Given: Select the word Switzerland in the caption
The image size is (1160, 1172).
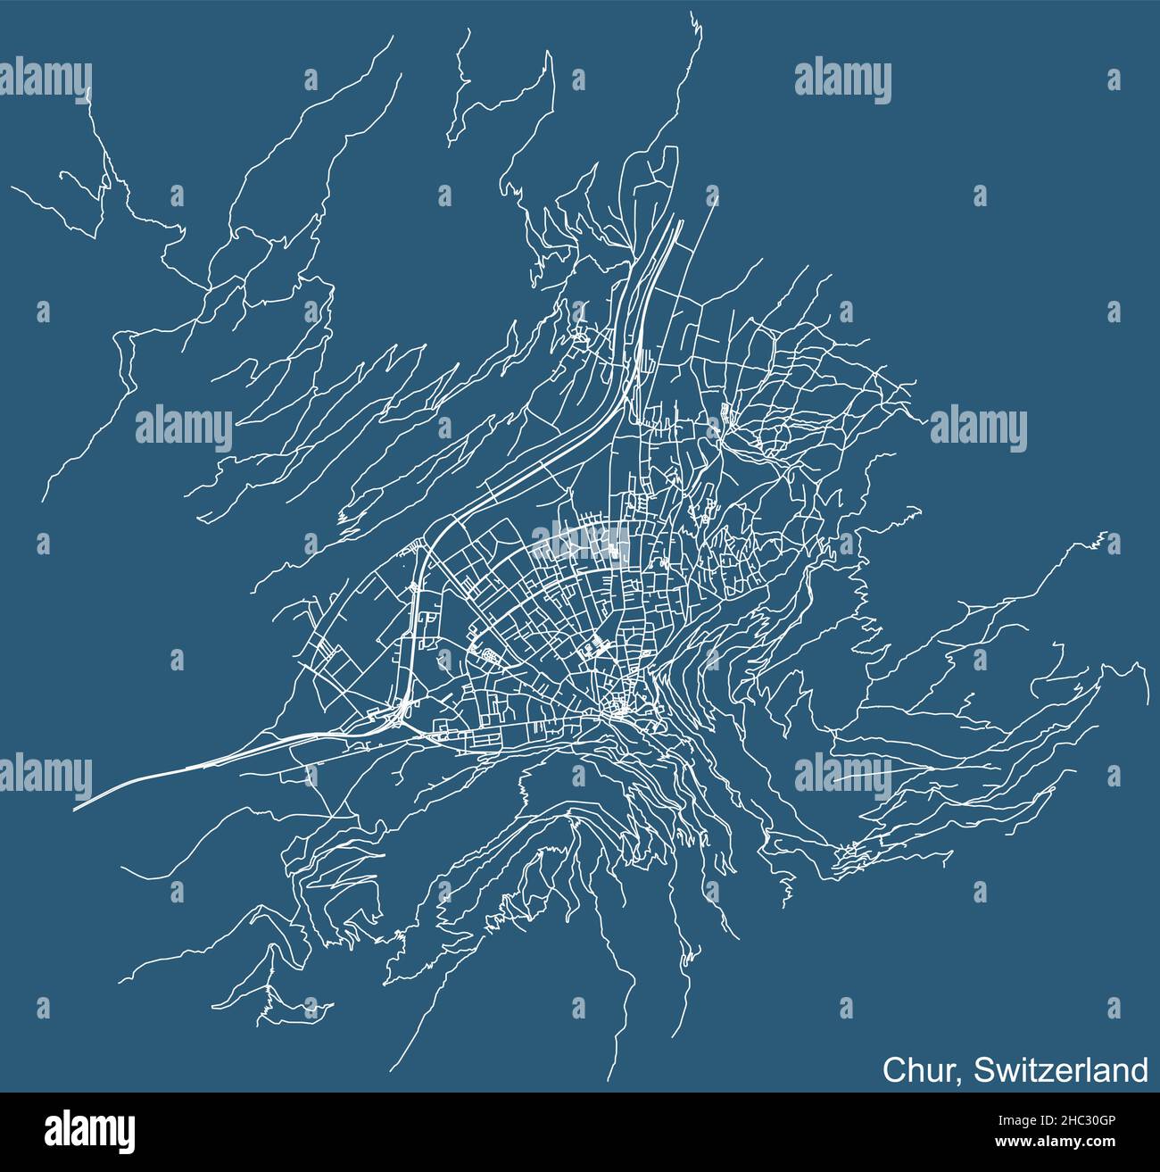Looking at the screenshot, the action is [1061, 1068].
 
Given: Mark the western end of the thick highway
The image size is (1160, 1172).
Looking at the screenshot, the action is [75, 809].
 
